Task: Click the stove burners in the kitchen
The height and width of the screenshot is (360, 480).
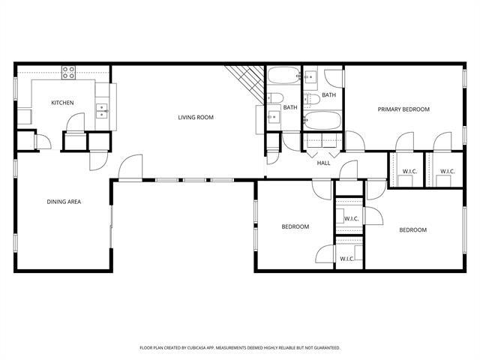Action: coord(69,73)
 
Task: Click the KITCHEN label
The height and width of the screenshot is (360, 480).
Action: coord(62,103)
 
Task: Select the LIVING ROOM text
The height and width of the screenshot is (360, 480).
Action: coord(196,117)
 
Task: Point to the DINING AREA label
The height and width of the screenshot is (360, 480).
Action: coord(64,201)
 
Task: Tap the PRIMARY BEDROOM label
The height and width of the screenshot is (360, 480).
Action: coord(403,109)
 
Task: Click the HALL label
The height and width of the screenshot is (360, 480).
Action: coord(323,163)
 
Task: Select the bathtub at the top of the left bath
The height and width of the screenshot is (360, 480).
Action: coord(283,76)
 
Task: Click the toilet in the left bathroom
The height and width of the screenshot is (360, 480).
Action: coord(274,99)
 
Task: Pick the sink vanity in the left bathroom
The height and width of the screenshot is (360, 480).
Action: coord(273,117)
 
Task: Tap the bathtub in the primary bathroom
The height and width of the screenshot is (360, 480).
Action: coord(323,121)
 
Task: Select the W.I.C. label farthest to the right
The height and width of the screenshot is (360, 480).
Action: coord(447,171)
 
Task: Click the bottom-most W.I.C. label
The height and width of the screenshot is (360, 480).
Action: coord(347,259)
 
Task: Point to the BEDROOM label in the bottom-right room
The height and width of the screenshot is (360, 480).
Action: coord(412,230)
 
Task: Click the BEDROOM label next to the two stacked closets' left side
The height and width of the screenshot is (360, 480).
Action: coord(295,226)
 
